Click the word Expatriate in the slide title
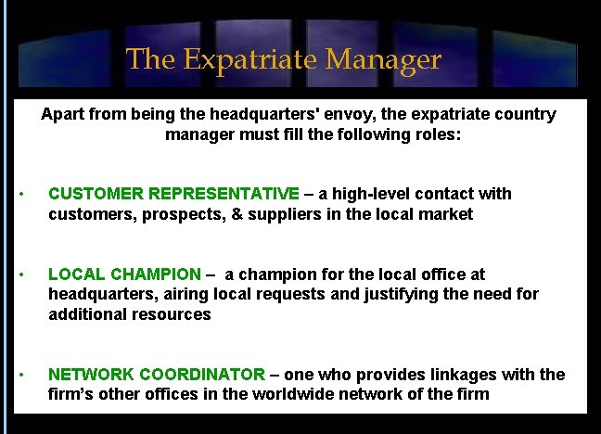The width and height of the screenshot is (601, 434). coord(246,61)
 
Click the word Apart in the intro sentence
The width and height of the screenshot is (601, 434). coord(62,114)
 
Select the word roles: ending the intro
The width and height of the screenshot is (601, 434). coord(435,134)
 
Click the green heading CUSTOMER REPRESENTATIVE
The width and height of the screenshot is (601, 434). coord(174,194)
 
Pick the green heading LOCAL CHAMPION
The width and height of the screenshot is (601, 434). coord(124,274)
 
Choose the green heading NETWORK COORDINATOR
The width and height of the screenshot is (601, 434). coord(157,375)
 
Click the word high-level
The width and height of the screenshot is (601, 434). coord(373,194)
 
